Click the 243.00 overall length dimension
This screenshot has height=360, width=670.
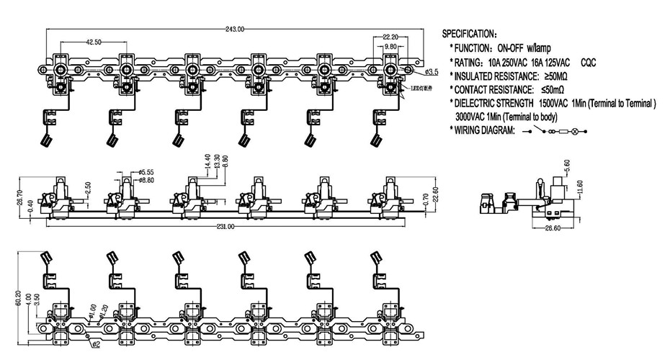coord(235,30)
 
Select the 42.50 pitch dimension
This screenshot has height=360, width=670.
coord(93,42)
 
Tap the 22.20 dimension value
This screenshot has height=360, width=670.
coord(390,37)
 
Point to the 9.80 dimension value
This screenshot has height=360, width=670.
coord(390,47)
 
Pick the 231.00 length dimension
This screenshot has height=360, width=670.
coord(225,227)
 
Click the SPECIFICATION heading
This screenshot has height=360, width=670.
coord(469,34)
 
